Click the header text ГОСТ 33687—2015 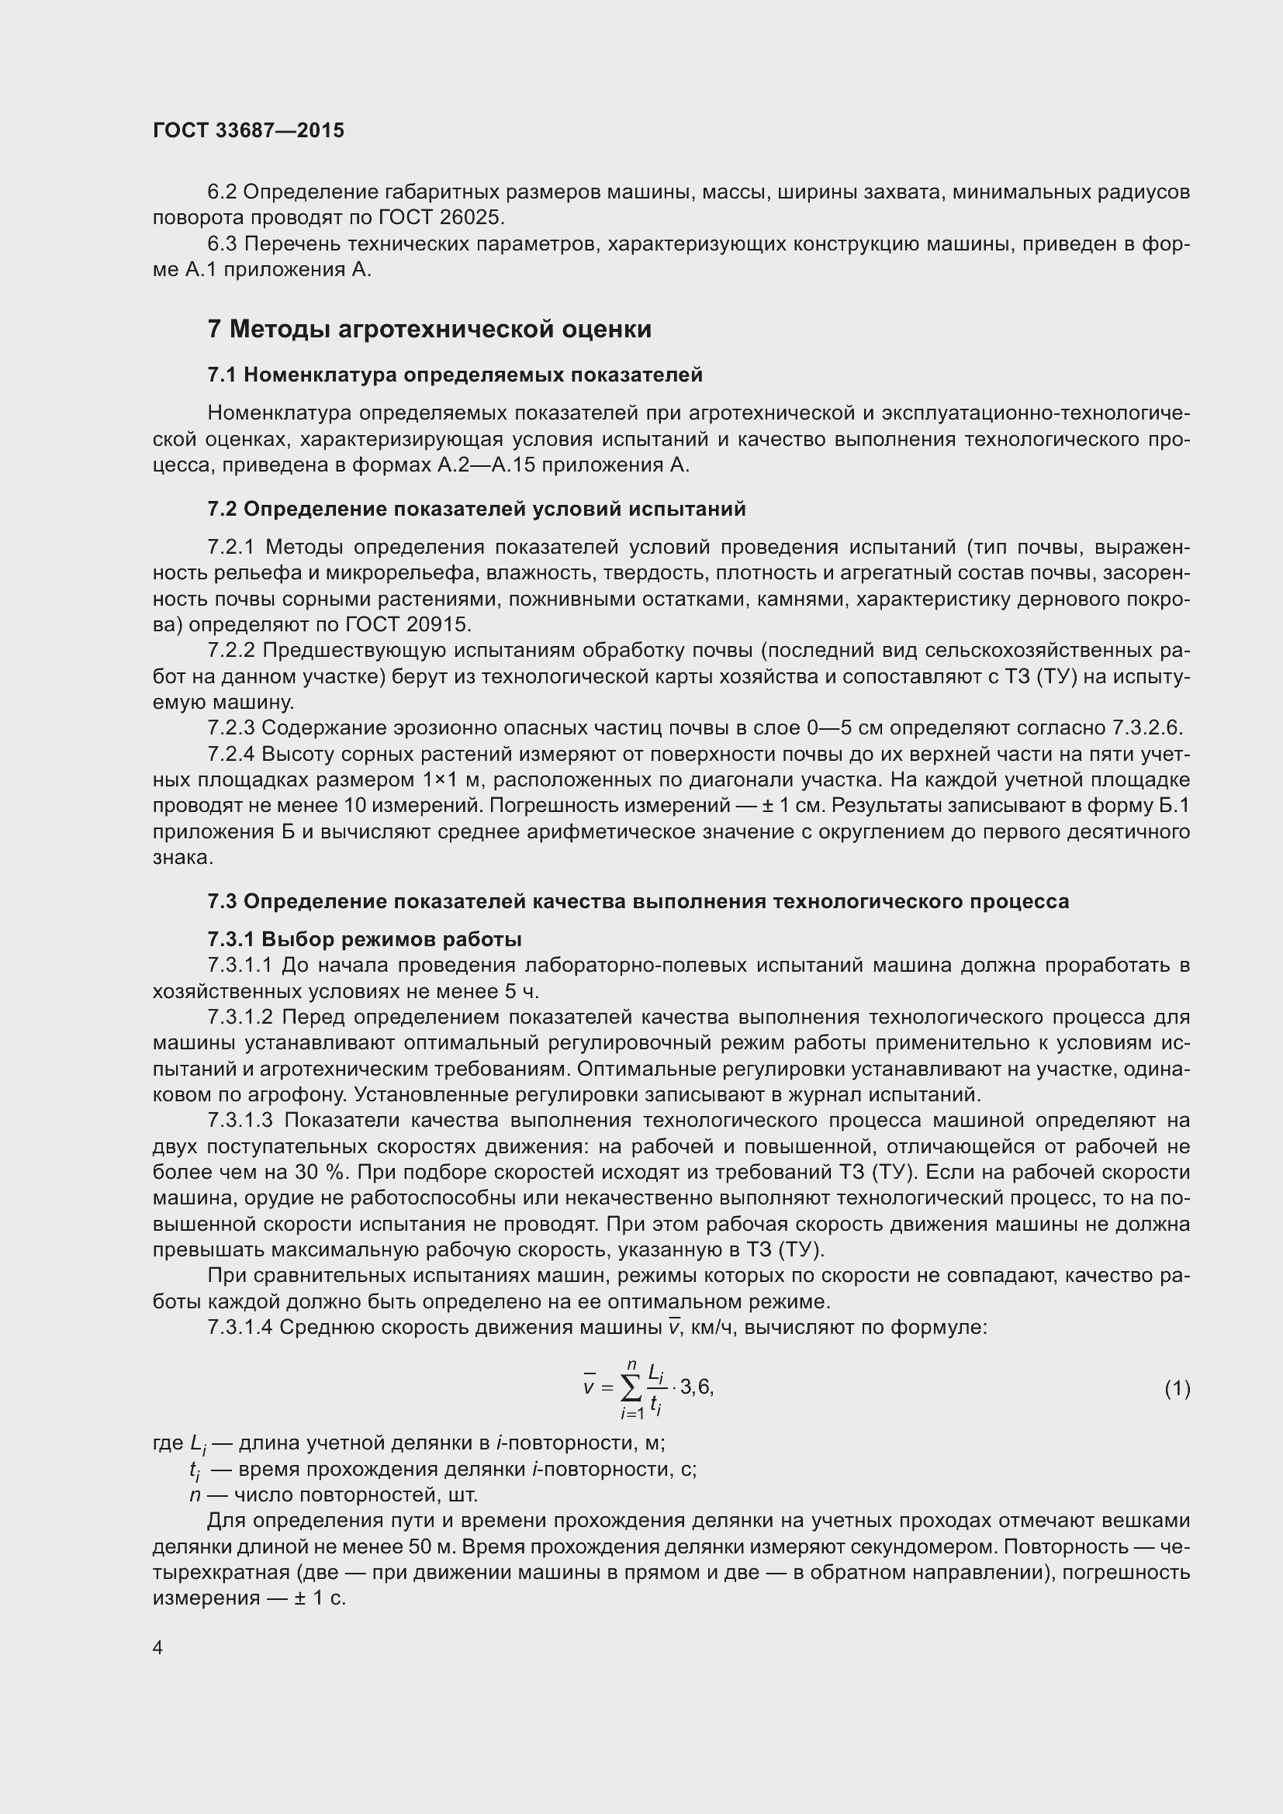click(x=249, y=131)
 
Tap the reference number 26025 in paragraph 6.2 click(x=476, y=217)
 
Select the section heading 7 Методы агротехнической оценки click(x=429, y=329)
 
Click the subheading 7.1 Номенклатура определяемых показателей click(x=455, y=375)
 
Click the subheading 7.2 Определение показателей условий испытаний click(x=476, y=509)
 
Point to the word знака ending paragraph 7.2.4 click(x=182, y=857)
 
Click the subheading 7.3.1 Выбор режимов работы click(x=365, y=939)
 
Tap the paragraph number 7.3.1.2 click(x=240, y=1017)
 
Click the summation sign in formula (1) click(x=631, y=1388)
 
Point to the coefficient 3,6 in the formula click(x=696, y=1387)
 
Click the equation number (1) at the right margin click(x=1178, y=1388)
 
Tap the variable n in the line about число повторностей click(x=195, y=1494)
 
